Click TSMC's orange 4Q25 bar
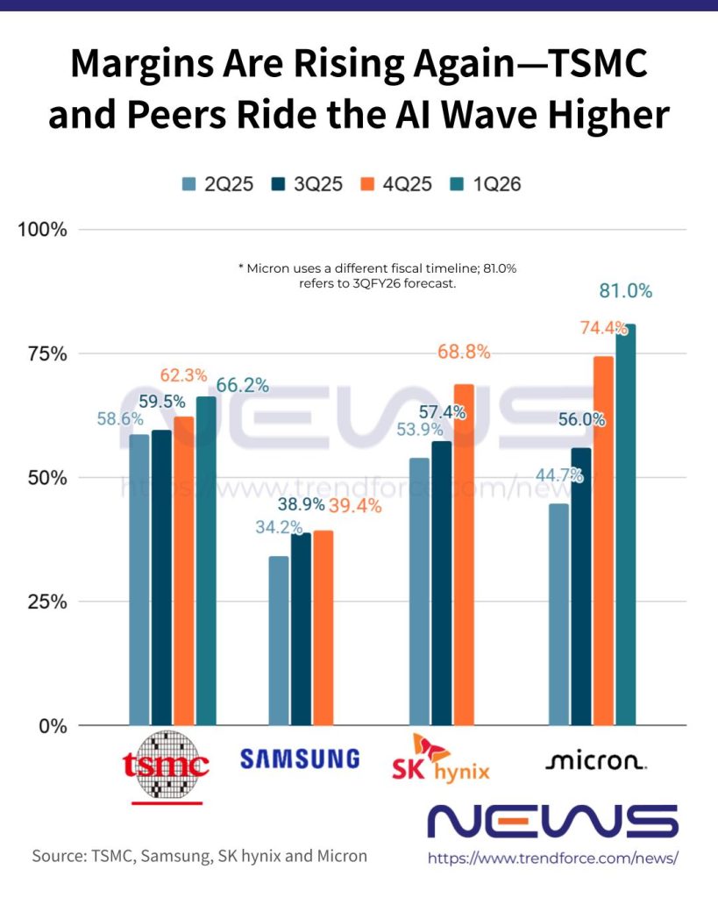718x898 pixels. tap(184, 570)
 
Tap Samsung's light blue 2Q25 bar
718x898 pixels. tap(279, 640)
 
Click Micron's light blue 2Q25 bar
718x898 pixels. tap(558, 614)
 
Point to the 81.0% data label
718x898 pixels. tap(626, 292)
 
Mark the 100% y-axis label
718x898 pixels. tap(42, 231)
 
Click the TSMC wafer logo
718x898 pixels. tap(166, 764)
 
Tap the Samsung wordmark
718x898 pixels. tap(300, 759)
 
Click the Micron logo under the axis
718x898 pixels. tap(596, 761)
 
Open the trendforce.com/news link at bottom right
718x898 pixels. tap(553, 859)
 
